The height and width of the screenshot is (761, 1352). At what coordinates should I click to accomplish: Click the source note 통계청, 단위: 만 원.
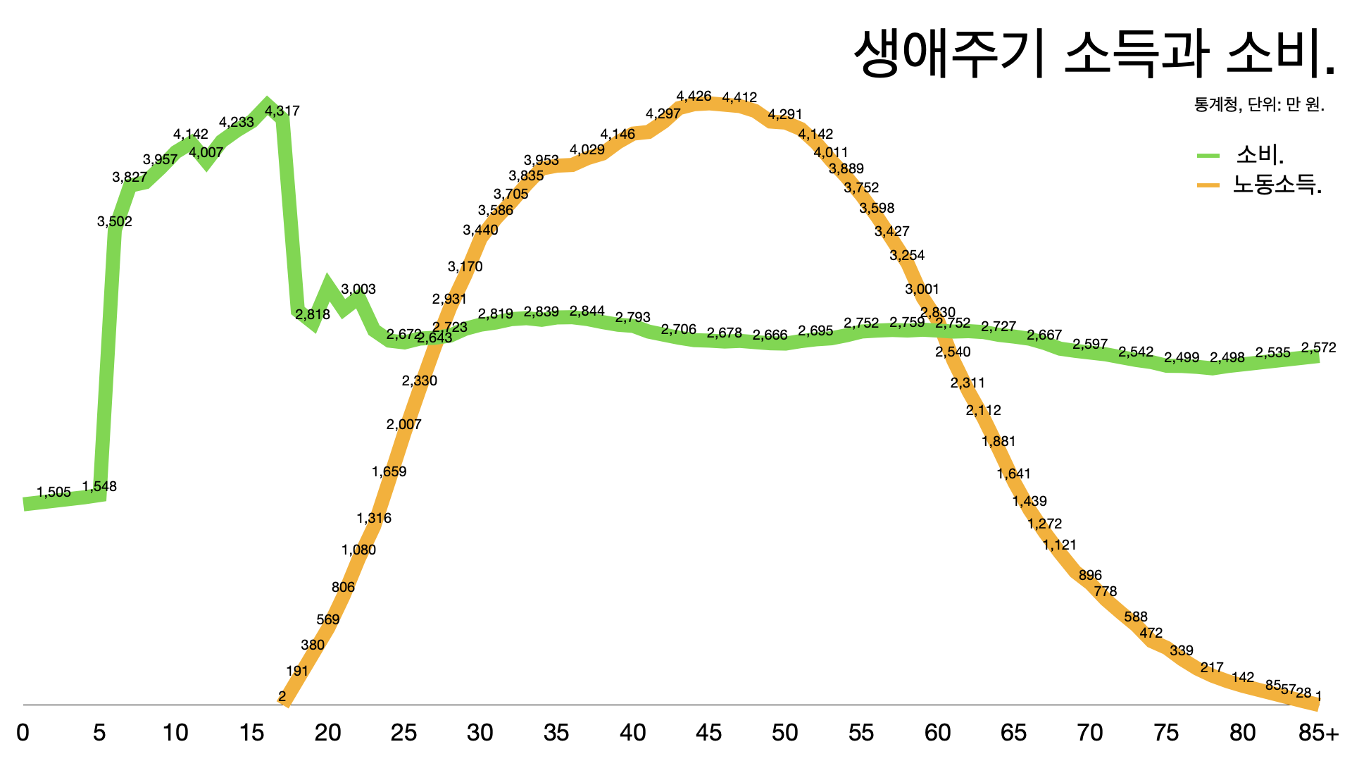(1259, 105)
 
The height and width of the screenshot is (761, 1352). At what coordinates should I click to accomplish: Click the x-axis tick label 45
(708, 733)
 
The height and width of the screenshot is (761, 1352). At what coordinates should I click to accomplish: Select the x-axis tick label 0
(23, 733)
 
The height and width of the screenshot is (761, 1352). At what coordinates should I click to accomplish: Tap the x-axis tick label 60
(937, 733)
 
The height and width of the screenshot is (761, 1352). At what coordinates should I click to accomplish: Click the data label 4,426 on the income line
(694, 97)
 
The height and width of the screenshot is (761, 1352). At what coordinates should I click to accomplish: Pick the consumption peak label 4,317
(282, 111)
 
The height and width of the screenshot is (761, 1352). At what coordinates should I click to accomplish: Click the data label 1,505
(54, 493)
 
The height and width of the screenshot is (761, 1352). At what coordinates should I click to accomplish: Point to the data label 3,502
(115, 221)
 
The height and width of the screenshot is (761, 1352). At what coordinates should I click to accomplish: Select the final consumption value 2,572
(1318, 347)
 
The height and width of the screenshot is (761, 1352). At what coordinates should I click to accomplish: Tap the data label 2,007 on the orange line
(403, 424)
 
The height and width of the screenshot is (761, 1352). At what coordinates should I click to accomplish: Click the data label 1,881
(999, 441)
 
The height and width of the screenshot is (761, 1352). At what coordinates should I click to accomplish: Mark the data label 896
(1090, 575)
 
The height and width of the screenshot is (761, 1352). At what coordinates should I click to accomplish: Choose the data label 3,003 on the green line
(358, 289)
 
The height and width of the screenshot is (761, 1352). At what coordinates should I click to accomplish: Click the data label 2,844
(587, 311)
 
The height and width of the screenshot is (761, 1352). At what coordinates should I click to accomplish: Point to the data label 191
(297, 671)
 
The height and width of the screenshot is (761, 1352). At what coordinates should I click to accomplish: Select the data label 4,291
(784, 114)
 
